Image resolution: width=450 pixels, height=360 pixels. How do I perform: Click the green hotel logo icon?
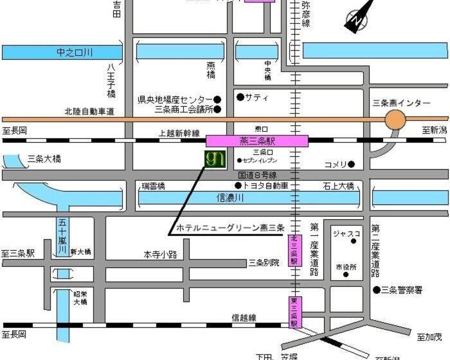click(214, 158)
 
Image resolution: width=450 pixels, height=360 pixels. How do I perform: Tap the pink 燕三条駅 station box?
click(256, 141)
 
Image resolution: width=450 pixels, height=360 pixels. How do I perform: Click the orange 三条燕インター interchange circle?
click(395, 120)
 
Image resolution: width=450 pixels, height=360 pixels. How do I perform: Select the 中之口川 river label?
click(75, 52)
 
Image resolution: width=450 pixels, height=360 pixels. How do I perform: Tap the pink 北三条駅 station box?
click(294, 251)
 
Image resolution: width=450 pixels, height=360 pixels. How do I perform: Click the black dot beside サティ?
click(240, 97)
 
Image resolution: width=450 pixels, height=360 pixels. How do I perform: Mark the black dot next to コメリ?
click(352, 164)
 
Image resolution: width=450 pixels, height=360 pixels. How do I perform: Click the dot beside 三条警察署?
click(376, 290)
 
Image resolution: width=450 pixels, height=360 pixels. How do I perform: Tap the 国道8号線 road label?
click(257, 174)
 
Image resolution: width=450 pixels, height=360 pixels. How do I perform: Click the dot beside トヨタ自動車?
click(238, 186)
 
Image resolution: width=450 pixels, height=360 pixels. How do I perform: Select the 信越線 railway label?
click(244, 318)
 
